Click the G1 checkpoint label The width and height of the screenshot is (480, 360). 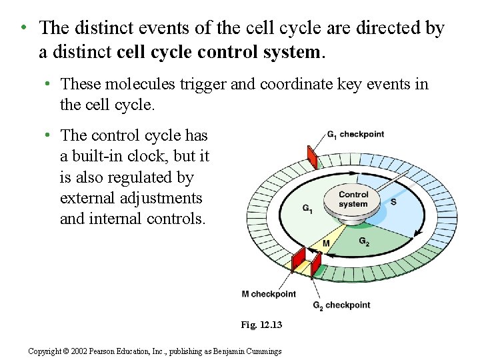pos(355,135)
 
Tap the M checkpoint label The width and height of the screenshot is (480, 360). pos(269,293)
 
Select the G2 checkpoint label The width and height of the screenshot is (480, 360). pos(341,305)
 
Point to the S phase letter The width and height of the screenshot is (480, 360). pos(393,201)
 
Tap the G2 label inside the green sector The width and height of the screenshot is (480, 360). pos(364,241)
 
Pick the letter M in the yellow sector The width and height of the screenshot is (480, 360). pos(327,244)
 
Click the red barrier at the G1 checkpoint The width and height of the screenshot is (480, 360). pos(312,157)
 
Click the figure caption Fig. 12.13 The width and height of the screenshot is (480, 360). pos(261,325)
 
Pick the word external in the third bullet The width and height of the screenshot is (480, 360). pos(86,198)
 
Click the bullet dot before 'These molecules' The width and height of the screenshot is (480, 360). pos(49,84)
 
